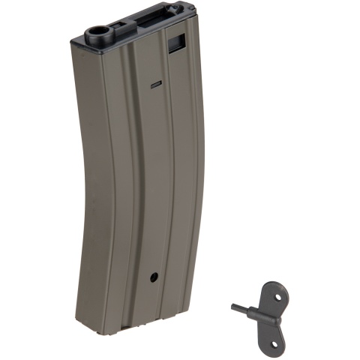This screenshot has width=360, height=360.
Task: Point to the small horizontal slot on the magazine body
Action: [155, 85]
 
